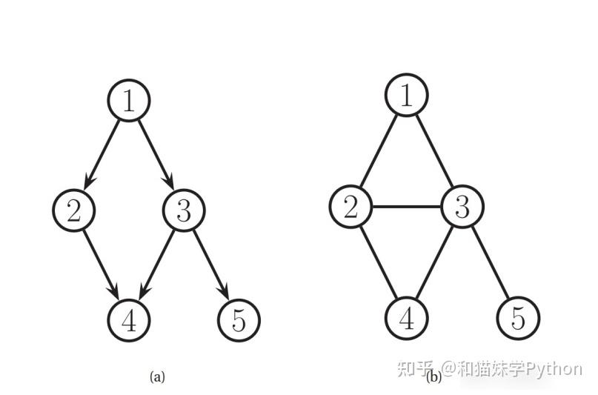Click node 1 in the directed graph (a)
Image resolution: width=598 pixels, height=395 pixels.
[x=129, y=99]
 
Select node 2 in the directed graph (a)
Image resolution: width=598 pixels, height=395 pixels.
[x=74, y=210]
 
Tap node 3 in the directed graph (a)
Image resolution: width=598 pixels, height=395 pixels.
[x=184, y=210]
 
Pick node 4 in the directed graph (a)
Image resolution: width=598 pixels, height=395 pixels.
[x=129, y=320]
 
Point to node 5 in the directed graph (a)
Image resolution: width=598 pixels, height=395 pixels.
[x=239, y=320]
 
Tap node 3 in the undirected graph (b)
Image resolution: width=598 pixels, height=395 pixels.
[x=462, y=208]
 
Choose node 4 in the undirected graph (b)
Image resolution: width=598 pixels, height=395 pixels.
[x=406, y=319]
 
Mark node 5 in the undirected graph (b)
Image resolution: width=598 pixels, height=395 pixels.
[x=517, y=319]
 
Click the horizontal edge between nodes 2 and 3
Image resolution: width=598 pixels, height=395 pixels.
[x=406, y=208]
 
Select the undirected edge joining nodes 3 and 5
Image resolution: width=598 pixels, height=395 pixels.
[x=489, y=263]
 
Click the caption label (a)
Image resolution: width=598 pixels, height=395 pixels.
[x=157, y=376]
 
